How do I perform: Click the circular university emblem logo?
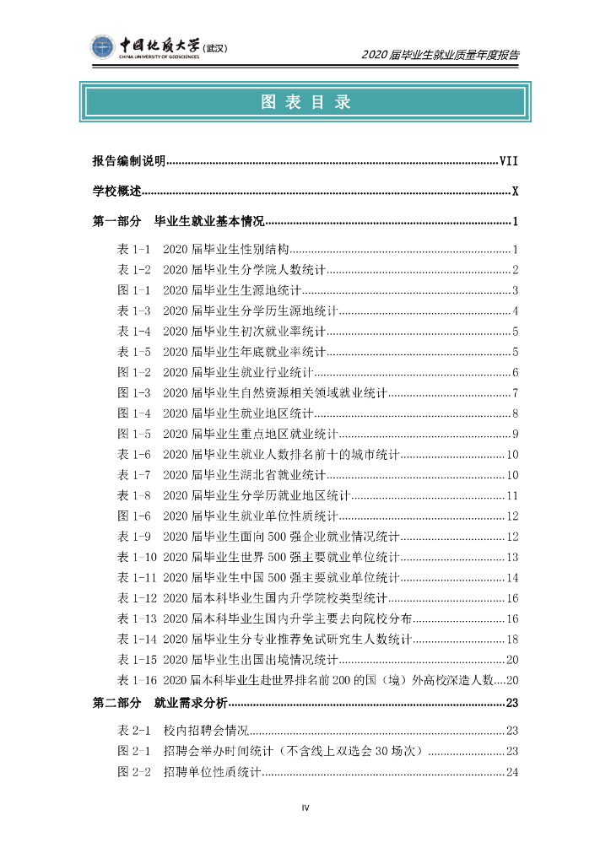pos(102,48)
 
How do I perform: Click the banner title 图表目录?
pos(305,103)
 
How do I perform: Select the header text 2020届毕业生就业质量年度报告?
pos(440,55)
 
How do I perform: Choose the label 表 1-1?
pos(133,250)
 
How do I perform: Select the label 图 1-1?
pos(133,291)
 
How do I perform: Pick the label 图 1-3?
pos(133,393)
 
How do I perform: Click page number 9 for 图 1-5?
pos(514,435)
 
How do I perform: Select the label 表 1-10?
pos(137,557)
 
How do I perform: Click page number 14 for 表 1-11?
pos(511,578)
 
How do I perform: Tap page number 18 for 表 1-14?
pos(511,640)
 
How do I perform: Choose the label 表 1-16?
pos(137,680)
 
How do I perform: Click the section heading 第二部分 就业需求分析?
pos(160,704)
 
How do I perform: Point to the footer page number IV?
pos(305,808)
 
